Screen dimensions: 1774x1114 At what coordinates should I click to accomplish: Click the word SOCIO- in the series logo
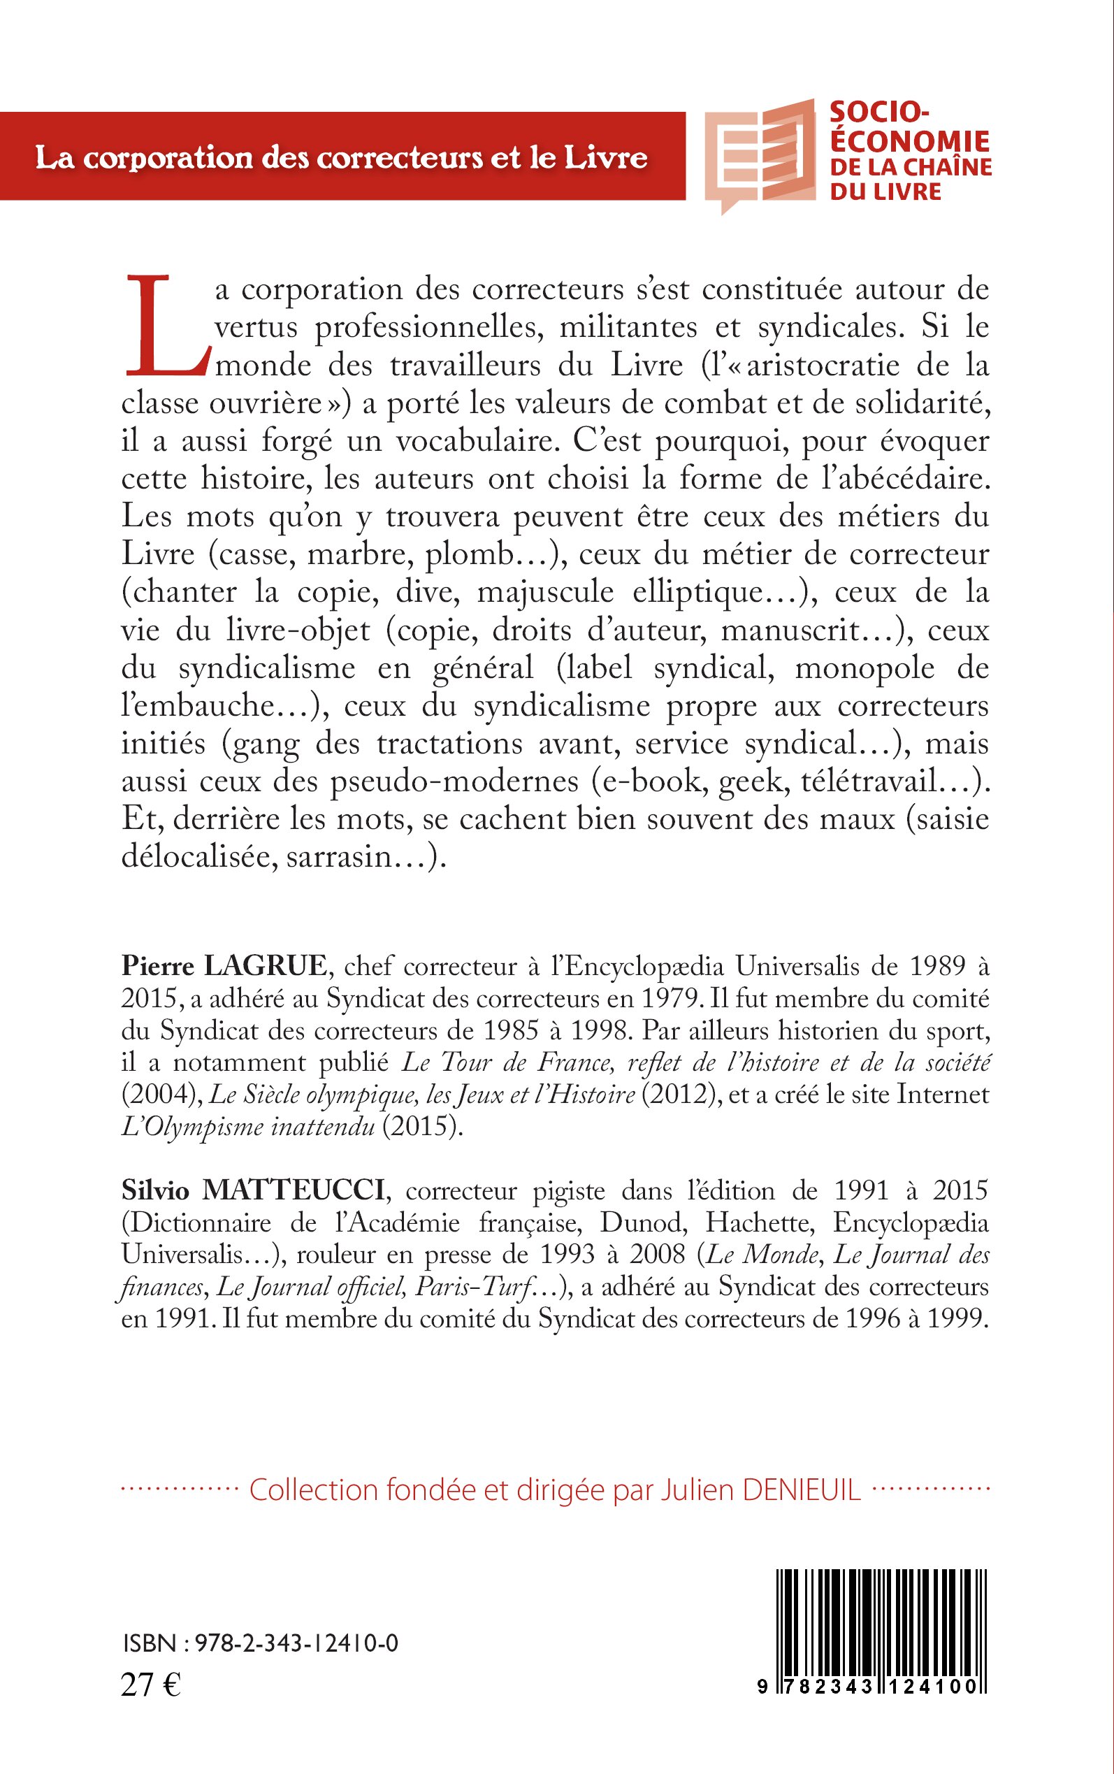click(x=879, y=113)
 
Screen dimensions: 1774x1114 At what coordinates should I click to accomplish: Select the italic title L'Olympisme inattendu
click(x=248, y=1127)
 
